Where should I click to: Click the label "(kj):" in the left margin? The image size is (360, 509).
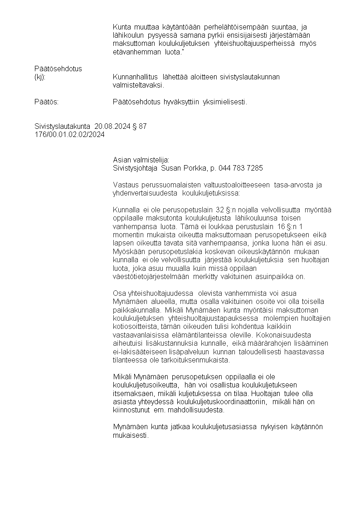(x=40, y=77)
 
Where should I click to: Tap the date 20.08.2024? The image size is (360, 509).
(x=113, y=127)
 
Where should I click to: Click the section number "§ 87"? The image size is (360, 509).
(x=140, y=127)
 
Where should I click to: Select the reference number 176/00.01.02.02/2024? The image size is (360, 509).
(x=69, y=135)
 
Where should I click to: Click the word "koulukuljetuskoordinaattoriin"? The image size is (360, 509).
(x=227, y=401)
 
